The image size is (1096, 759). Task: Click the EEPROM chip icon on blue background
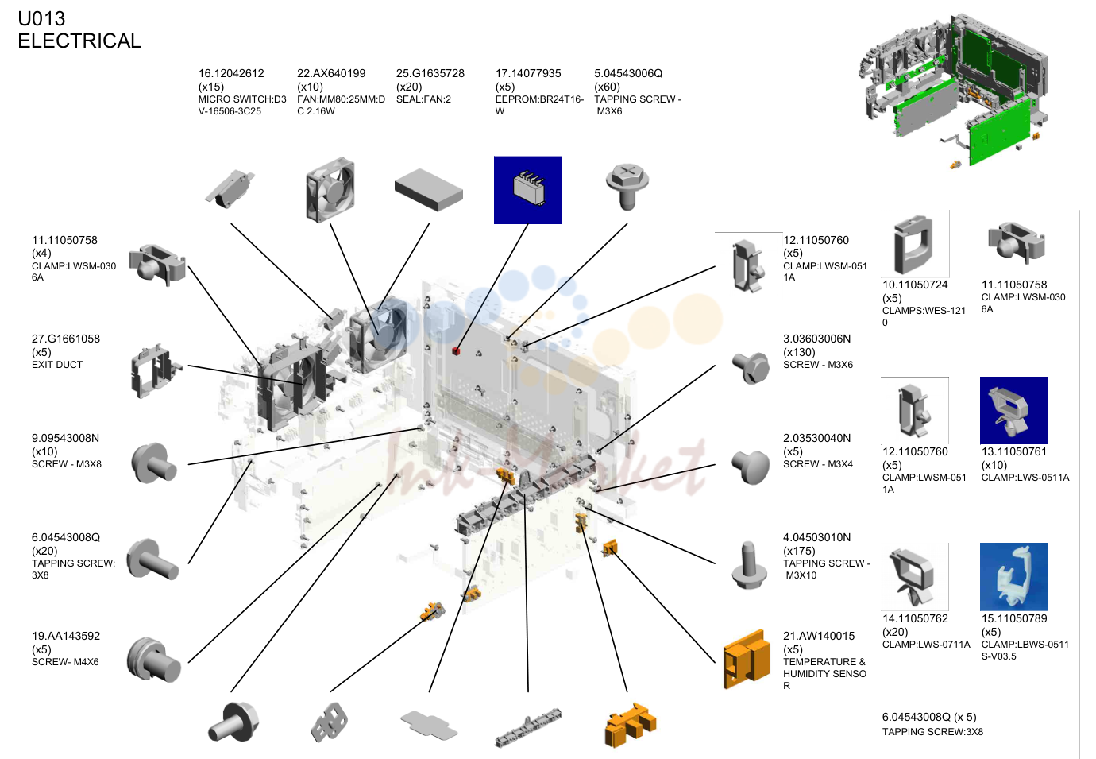(528, 190)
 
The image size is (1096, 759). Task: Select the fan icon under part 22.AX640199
(330, 189)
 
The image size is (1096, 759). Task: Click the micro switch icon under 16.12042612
(229, 188)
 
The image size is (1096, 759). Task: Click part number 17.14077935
(528, 73)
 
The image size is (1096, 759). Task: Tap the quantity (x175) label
(799, 551)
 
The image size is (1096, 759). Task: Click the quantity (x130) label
(799, 352)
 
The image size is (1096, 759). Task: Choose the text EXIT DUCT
(56, 364)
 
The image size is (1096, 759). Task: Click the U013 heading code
(41, 18)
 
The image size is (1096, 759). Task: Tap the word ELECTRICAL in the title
(79, 41)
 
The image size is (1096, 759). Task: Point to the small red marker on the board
(456, 351)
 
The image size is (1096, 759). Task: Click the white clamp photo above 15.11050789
(1013, 576)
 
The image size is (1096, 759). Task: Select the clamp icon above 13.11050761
(1013, 410)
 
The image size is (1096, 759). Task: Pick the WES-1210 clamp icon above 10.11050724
(913, 244)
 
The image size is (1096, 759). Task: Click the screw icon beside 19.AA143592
(153, 659)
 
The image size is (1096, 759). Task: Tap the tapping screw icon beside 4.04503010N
(749, 565)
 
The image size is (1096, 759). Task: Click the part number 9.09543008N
(66, 438)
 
